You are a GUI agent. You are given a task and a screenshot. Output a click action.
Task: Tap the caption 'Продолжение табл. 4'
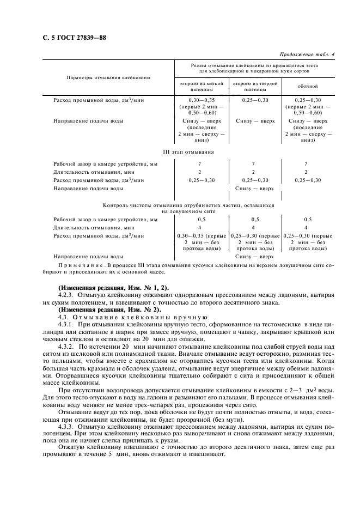[x=307, y=54]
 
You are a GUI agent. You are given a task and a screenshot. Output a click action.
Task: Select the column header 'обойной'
[x=308, y=86]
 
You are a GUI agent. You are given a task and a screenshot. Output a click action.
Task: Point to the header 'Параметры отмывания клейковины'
[x=108, y=77]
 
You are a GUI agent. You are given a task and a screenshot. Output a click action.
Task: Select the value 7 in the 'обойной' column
[x=306, y=163]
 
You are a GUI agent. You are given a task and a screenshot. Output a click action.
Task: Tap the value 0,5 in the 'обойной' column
[x=306, y=220]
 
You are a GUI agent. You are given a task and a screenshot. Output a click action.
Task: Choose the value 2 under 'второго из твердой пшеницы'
[x=253, y=172]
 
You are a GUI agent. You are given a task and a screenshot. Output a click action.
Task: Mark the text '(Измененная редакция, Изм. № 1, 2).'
[x=113, y=287]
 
